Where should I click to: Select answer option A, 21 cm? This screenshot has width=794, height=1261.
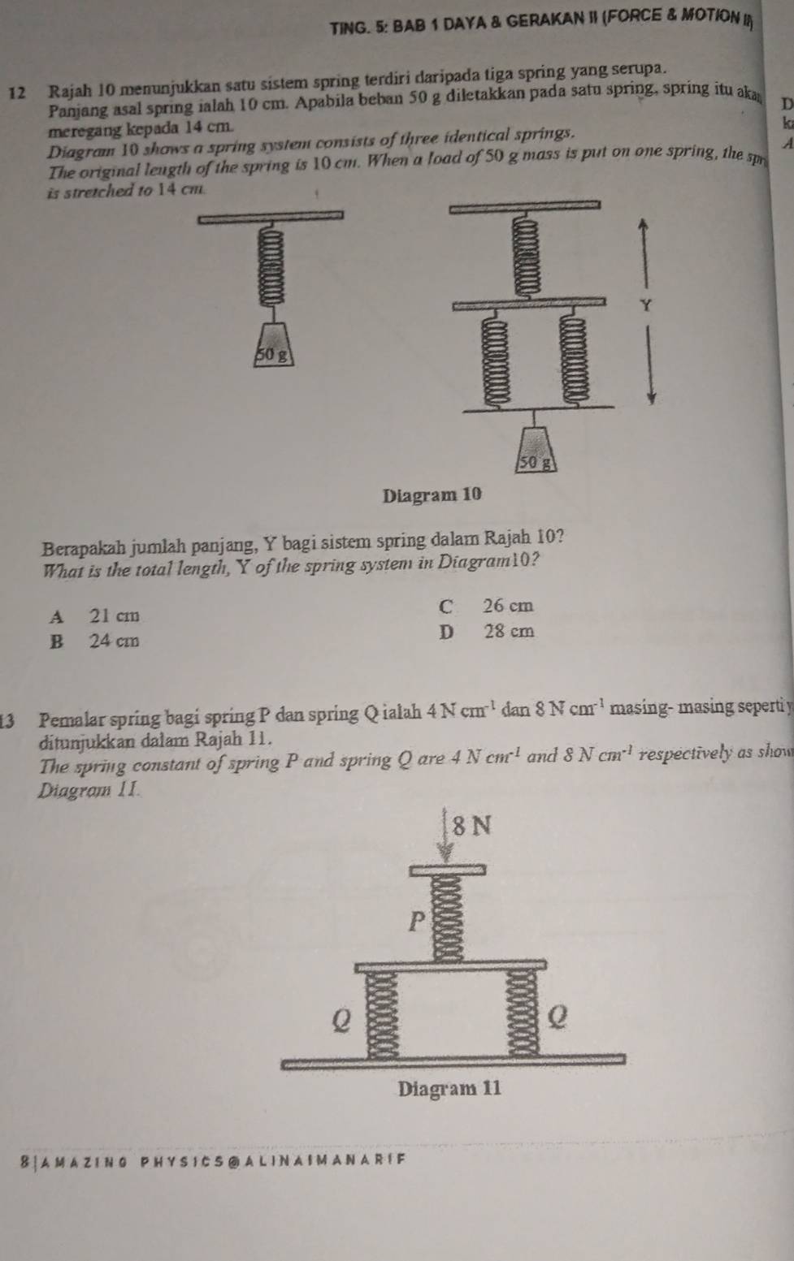click(x=93, y=615)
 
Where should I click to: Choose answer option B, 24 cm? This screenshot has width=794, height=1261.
click(x=93, y=641)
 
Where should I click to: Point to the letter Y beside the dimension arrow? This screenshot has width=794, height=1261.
click(x=646, y=306)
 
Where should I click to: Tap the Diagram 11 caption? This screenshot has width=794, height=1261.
click(x=449, y=1088)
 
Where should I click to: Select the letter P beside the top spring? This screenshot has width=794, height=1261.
click(x=416, y=922)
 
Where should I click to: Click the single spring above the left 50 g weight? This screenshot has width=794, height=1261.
click(x=271, y=266)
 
